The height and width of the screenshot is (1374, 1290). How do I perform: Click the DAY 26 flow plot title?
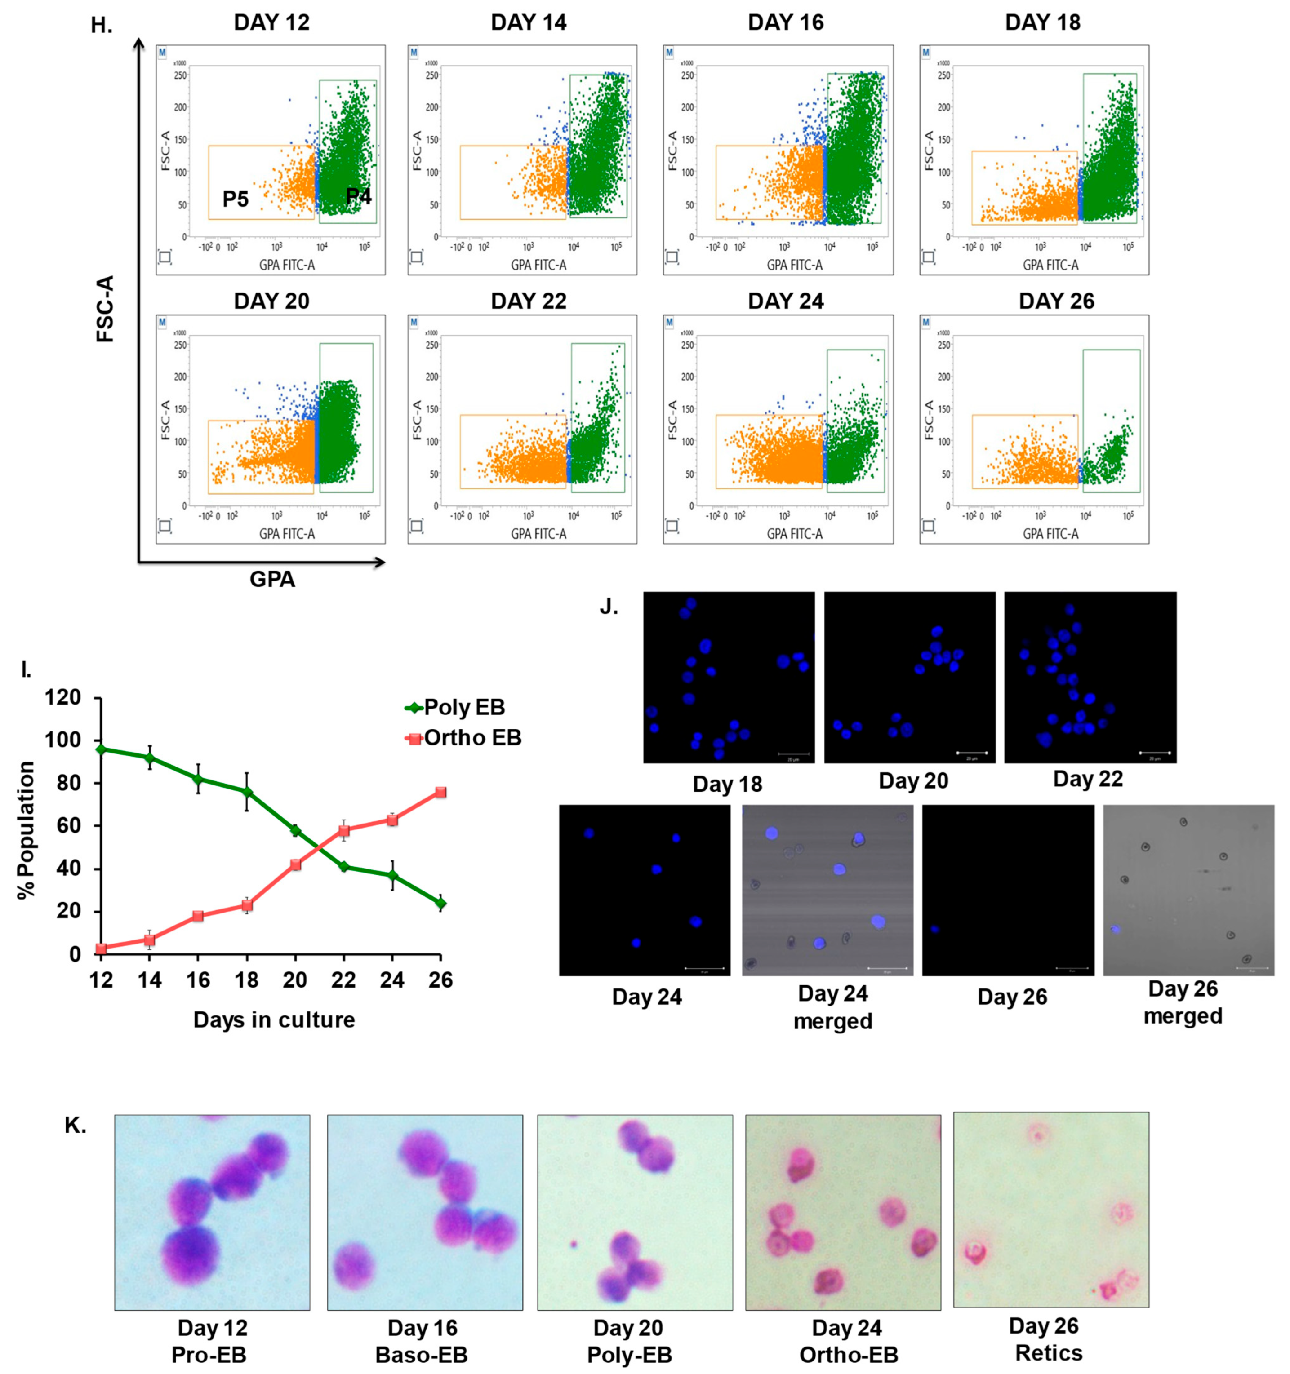coord(1056,301)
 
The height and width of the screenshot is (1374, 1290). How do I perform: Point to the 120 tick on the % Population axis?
coord(64,698)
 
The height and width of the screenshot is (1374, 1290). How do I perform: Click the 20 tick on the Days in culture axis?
coord(295,980)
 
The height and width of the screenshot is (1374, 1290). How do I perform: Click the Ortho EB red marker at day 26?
coord(440,792)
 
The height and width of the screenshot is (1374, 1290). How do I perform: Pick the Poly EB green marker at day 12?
coord(102,749)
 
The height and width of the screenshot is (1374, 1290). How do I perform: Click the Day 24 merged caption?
coord(832,1007)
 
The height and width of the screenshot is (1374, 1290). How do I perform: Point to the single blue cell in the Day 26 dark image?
coord(934,930)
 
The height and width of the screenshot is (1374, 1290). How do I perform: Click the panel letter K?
coord(76,1126)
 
